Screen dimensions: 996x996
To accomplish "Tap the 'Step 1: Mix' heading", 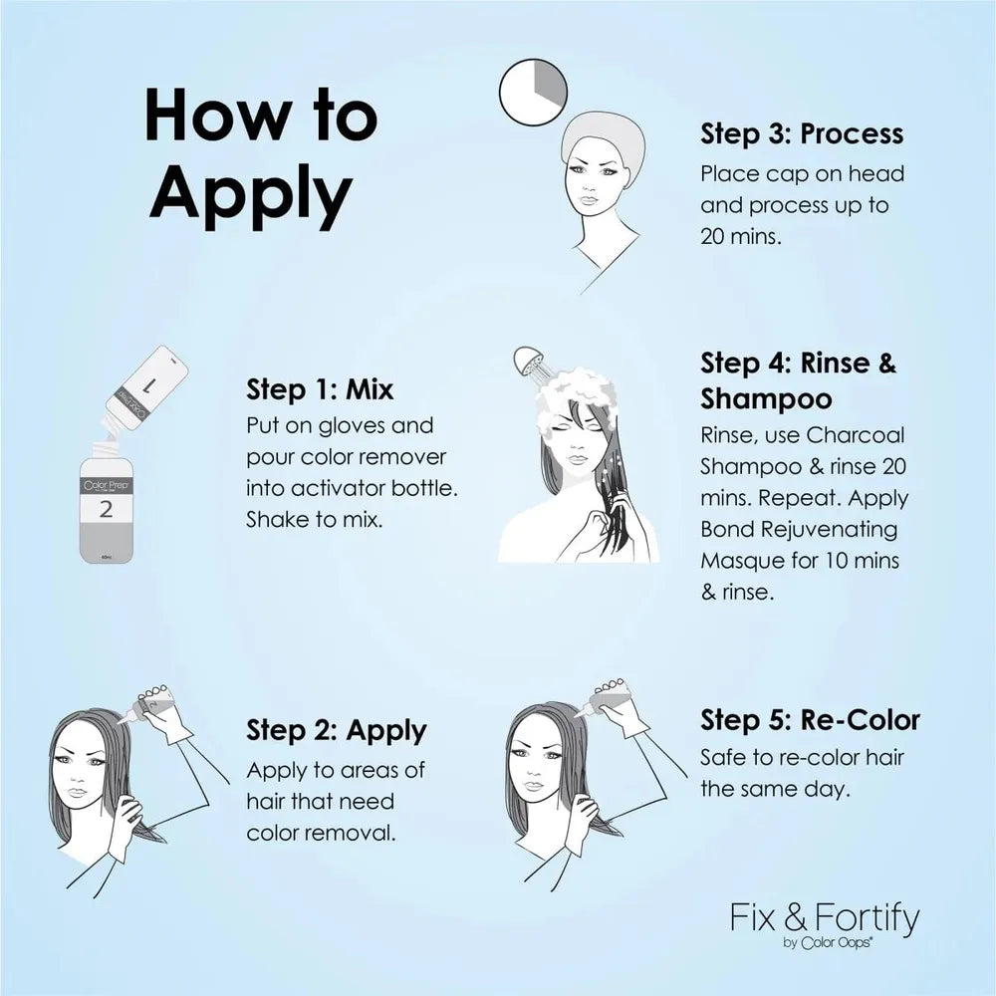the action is (x=320, y=388).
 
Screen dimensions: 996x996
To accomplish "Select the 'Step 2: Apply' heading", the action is (x=336, y=731).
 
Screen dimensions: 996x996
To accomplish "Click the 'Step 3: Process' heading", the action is (x=802, y=133).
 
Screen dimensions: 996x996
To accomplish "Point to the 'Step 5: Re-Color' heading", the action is (x=810, y=720).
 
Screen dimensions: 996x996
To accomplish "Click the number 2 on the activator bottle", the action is (x=107, y=509).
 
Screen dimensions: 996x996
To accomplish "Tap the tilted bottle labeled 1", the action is (x=146, y=387).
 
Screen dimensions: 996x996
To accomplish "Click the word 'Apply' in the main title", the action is (x=250, y=193).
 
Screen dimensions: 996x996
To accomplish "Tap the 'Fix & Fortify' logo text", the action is (x=825, y=917).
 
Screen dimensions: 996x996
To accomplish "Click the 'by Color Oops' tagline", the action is (x=827, y=942).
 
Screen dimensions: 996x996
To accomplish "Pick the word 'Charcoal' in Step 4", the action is (x=856, y=435).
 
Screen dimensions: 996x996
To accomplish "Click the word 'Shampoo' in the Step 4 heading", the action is (x=766, y=399).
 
